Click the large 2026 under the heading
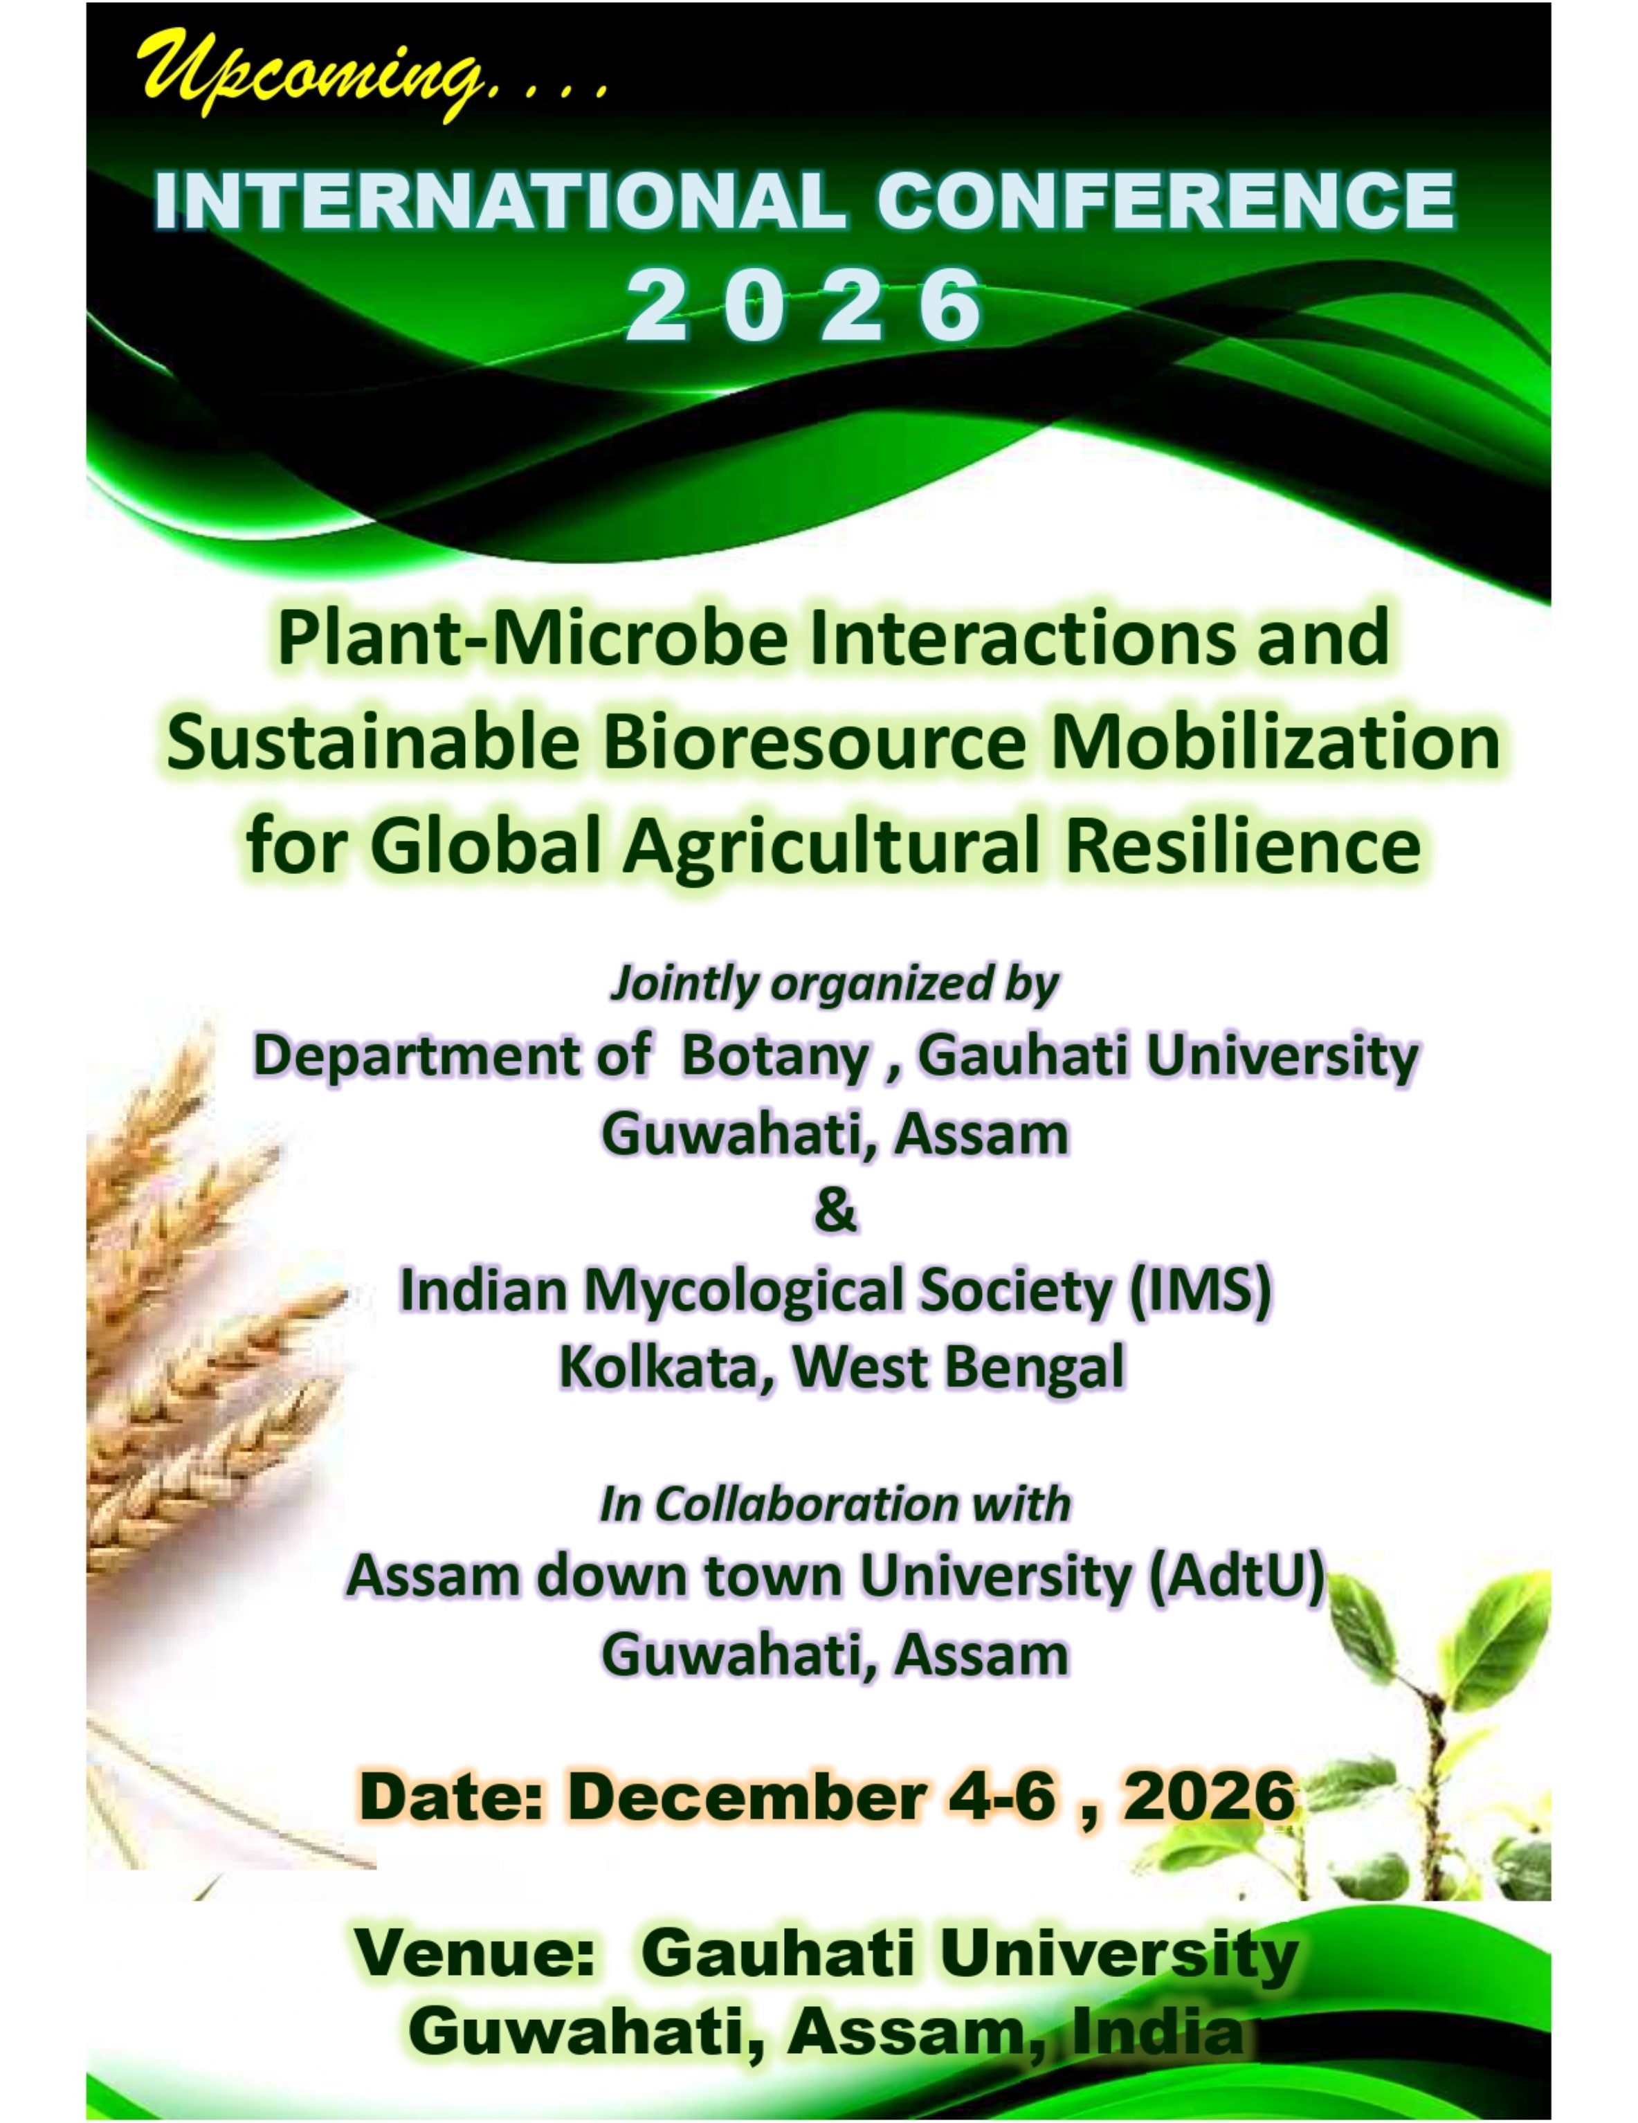click(804, 305)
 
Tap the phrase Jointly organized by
click(834, 984)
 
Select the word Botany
click(775, 1057)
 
